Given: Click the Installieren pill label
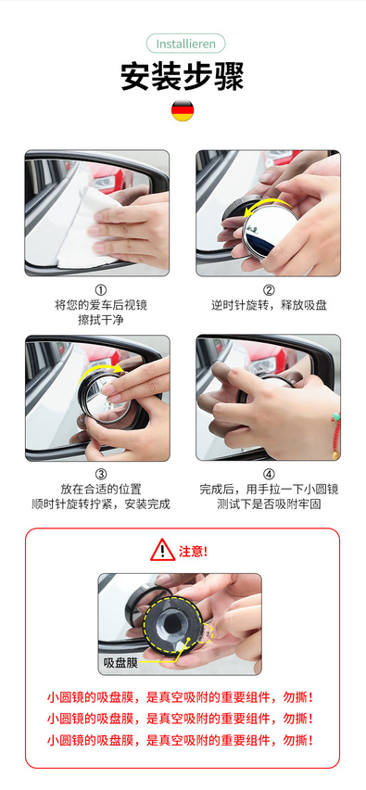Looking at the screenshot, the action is click(185, 44).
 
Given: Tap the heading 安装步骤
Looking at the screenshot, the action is click(183, 76).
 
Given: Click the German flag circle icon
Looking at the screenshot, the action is click(183, 110).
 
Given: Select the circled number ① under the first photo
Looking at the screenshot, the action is click(101, 291).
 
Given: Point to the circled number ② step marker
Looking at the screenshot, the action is click(269, 291).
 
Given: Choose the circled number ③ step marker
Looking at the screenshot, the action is click(101, 474).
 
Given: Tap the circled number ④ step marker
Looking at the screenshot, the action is click(269, 474).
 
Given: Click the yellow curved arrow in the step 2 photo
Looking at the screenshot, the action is click(267, 201).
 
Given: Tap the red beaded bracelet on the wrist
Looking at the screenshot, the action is click(335, 434).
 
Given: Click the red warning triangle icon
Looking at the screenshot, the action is click(162, 550).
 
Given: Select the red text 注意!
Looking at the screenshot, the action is click(193, 551).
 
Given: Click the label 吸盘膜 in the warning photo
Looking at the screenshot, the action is click(120, 663).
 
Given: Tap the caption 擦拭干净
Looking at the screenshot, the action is click(101, 319).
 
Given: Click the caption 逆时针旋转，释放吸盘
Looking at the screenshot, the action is click(269, 305).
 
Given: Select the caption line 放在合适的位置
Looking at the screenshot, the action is click(101, 489).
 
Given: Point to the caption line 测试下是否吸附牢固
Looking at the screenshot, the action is click(269, 503).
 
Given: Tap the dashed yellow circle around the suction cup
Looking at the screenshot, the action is click(144, 626).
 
